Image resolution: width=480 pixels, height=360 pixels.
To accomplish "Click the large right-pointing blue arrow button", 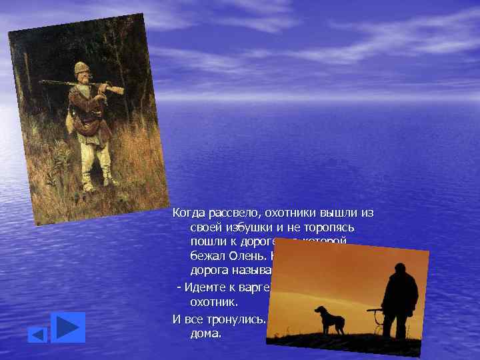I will [x=68, y=327].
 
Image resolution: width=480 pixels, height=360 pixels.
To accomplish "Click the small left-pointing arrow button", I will [x=37, y=334].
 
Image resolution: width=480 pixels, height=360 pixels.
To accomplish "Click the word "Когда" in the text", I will [x=187, y=213].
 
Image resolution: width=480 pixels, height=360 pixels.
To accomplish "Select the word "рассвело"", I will [x=227, y=213].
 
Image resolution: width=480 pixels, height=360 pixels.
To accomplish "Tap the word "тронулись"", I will [x=238, y=317].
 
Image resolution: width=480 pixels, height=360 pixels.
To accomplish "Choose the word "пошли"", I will [x=205, y=241].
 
